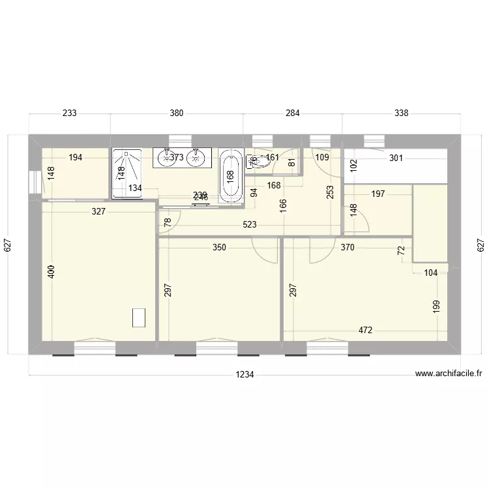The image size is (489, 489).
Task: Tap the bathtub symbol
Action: (x=230, y=175)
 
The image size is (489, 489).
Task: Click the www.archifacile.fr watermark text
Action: (x=448, y=374)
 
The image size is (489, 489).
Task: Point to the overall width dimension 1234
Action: (x=244, y=375)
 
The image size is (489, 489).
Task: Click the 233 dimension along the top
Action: (x=69, y=113)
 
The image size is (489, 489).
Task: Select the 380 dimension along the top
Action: (x=176, y=113)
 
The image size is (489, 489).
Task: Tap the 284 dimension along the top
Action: (x=292, y=113)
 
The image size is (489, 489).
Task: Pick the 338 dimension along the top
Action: (x=401, y=113)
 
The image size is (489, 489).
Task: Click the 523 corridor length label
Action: (x=249, y=225)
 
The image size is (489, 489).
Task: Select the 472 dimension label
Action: (x=365, y=331)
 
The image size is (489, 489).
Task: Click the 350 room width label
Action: (x=220, y=248)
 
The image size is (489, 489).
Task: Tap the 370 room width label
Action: (x=348, y=248)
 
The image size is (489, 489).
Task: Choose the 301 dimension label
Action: (x=396, y=158)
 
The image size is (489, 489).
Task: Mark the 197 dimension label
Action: (x=378, y=194)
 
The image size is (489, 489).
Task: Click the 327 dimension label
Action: (x=98, y=211)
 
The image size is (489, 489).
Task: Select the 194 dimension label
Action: (x=75, y=158)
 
